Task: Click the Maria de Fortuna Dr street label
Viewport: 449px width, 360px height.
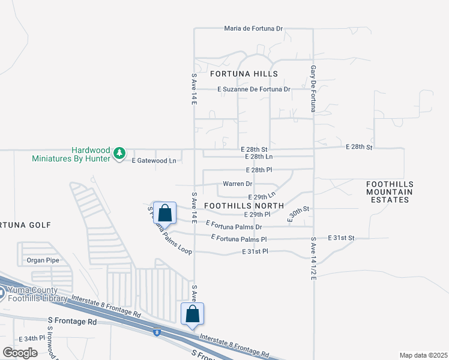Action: pos(253,28)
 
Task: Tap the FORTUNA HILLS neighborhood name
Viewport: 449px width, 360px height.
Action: pos(244,74)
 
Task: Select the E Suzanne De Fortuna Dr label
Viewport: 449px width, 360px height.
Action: pos(254,89)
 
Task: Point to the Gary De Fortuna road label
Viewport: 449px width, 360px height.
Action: pos(313,89)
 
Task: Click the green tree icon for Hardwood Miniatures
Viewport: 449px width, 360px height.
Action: pos(120,154)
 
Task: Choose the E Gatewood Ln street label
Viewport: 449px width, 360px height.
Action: pos(154,161)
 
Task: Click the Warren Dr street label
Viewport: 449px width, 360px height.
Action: pos(238,184)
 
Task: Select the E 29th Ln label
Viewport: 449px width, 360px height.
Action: pos(262,196)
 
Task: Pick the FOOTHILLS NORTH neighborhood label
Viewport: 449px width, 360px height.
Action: pos(244,205)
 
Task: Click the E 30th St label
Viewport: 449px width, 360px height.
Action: pos(298,214)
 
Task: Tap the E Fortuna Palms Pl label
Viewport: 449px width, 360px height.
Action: pos(239,239)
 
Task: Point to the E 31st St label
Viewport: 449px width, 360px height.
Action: pos(341,238)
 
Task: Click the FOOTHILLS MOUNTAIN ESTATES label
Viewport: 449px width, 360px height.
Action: pos(390,192)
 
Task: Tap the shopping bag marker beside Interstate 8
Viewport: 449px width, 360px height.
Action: pos(192,314)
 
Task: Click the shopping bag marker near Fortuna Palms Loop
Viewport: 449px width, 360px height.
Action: pos(164,212)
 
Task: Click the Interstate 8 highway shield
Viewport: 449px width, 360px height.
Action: pos(157,331)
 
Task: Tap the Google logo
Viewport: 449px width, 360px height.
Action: pos(20,352)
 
